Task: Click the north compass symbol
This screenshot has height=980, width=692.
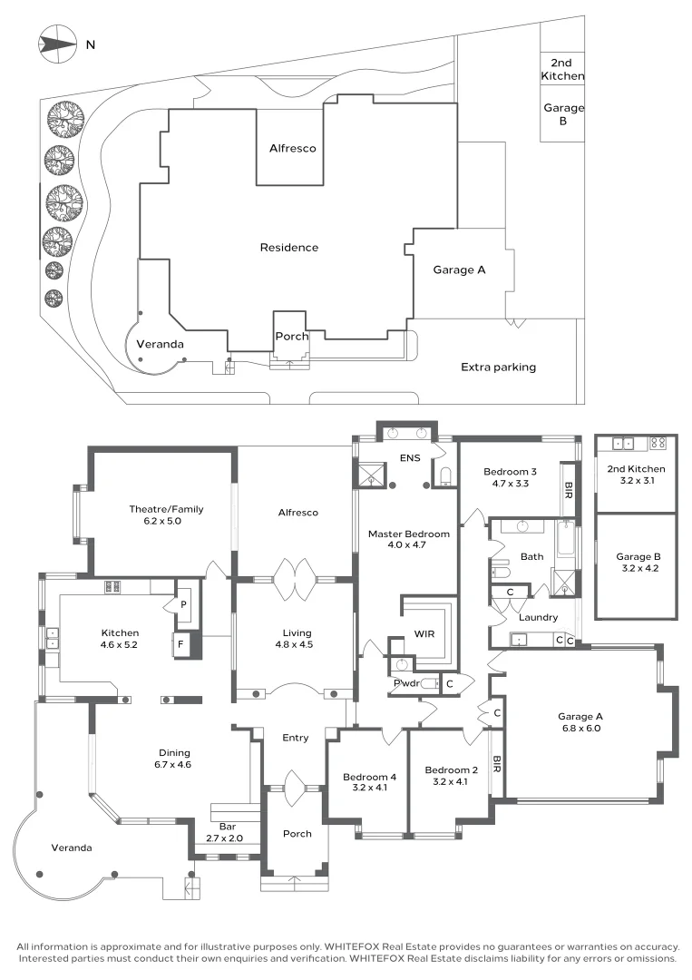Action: (x=56, y=42)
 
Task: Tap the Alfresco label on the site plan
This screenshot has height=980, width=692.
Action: (x=292, y=148)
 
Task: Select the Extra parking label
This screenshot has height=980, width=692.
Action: (x=498, y=367)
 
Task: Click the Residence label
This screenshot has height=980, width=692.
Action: (x=288, y=248)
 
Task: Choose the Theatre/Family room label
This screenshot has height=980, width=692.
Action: (x=166, y=509)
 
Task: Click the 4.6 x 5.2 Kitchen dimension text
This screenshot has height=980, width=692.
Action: (x=120, y=646)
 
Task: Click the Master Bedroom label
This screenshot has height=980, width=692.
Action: (x=408, y=534)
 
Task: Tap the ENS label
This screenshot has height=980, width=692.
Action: (x=410, y=458)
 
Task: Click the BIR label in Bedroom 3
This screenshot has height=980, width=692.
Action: (x=569, y=490)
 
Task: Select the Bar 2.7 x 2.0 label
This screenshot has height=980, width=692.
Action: (x=227, y=832)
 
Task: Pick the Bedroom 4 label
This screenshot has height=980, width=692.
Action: (x=368, y=777)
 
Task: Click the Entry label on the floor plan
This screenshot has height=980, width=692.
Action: (x=295, y=738)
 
